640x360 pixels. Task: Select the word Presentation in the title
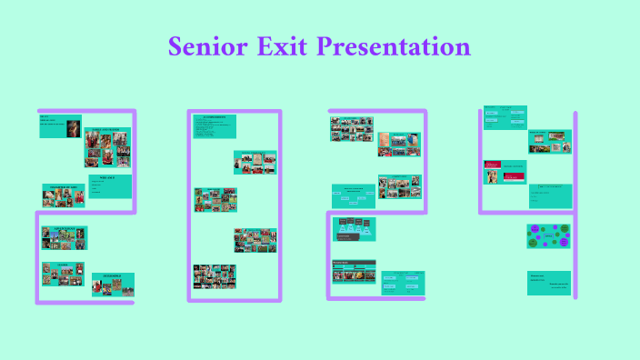[x=393, y=46]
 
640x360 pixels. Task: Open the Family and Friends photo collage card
[x=108, y=147]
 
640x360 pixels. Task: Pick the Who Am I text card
[x=111, y=189]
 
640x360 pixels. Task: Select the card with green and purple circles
[x=549, y=236]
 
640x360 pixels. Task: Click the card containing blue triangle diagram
[x=356, y=229]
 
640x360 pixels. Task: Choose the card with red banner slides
[x=505, y=172]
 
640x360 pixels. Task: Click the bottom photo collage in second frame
[x=215, y=276]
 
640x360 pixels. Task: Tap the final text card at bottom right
[x=549, y=283]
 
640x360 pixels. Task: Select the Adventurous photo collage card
[x=64, y=237]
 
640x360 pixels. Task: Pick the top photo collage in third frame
[x=352, y=129]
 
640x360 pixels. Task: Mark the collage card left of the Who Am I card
[x=64, y=195]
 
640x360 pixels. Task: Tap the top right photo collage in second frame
[x=255, y=162]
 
